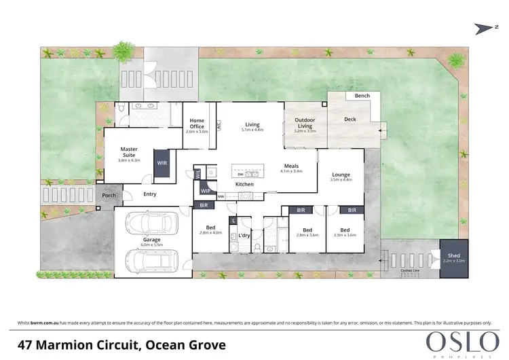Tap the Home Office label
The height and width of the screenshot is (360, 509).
pyautogui.click(x=197, y=124)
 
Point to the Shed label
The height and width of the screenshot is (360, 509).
pyautogui.click(x=453, y=255)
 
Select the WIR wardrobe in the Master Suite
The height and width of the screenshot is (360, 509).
pyautogui.click(x=162, y=164)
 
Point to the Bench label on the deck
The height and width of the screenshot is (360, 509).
pyautogui.click(x=362, y=96)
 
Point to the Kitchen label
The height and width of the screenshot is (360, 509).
pyautogui.click(x=244, y=184)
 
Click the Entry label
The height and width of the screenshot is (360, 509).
pyautogui.click(x=149, y=194)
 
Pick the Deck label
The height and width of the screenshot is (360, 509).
pyautogui.click(x=350, y=120)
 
